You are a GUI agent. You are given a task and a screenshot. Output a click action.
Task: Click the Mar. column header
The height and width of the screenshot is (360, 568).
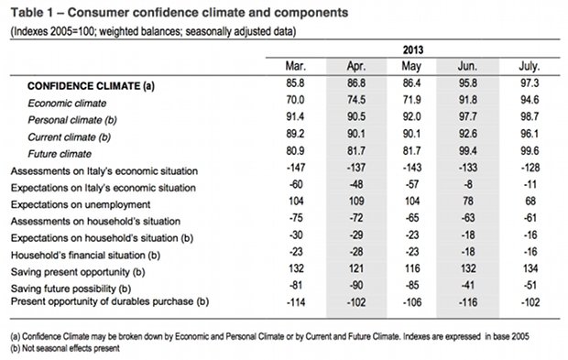coord(296,66)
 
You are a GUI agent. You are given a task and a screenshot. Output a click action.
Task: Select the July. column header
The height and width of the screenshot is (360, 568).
coord(530,66)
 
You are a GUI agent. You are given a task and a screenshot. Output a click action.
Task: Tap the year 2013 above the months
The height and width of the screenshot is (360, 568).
coord(413,49)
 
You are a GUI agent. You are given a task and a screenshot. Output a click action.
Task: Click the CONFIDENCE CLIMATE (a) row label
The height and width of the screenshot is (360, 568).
coord(91,86)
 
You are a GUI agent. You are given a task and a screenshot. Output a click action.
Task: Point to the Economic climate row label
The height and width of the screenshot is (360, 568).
coord(67,104)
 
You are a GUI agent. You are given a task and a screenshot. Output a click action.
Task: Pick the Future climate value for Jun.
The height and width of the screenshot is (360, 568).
coord(468,150)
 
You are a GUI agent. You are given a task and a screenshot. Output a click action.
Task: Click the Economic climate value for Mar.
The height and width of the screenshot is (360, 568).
coord(295,100)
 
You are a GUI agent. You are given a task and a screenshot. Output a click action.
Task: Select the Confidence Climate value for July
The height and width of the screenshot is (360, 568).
coord(530,83)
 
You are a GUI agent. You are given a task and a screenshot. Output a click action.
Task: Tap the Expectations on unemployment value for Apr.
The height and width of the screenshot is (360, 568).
coord(356,201)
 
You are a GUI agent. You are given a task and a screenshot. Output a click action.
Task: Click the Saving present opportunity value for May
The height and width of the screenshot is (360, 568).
coord(412,268)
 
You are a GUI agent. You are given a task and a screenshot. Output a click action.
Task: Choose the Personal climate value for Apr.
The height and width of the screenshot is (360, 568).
coord(356,116)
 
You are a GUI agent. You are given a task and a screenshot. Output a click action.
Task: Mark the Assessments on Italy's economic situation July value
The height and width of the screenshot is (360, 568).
coord(530,168)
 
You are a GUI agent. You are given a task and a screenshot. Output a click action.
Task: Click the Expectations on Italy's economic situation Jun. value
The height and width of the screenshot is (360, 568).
coord(468,184)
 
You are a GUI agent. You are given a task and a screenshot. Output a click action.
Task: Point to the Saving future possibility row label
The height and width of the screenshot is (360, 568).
coord(71,289)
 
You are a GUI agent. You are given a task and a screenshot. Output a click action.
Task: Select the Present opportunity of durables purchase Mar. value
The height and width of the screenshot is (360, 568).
coord(296,302)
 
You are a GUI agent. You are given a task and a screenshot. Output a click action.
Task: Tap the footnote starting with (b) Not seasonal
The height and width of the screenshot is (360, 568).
coord(65,348)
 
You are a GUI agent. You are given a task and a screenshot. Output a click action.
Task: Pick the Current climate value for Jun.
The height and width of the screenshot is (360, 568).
coord(468,134)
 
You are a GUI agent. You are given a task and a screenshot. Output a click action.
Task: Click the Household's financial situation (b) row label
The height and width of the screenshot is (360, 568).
coord(85,255)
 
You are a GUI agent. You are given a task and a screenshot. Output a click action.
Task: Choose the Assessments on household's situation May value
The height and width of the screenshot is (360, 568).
coord(412,218)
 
